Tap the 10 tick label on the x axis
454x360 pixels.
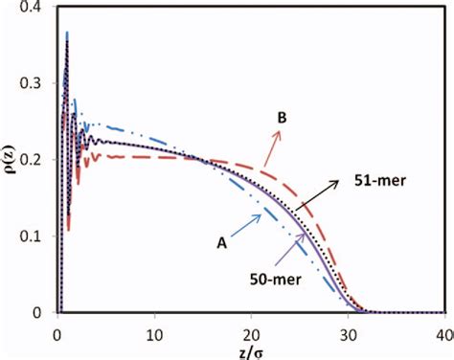[153, 328]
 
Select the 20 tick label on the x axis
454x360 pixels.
[250, 328]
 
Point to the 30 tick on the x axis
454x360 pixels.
[347, 328]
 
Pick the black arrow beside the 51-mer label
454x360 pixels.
[320, 196]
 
